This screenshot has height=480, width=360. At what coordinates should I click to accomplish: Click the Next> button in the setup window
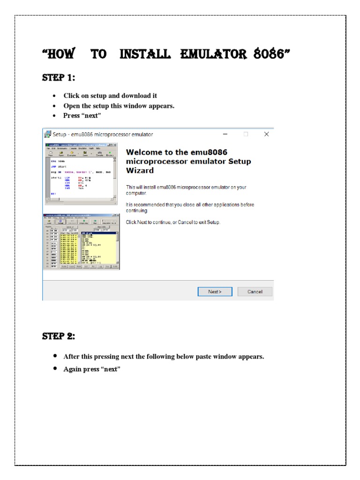point(215,292)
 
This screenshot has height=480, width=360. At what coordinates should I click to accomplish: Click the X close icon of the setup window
point(266,134)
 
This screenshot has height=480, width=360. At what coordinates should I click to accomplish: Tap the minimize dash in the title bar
point(225,134)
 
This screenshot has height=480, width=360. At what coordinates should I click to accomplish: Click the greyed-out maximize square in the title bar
point(246,134)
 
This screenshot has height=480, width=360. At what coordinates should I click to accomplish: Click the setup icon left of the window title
point(47,134)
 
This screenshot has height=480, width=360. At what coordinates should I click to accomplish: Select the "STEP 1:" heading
point(59,78)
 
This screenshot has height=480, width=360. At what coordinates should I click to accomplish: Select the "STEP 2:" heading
point(59,337)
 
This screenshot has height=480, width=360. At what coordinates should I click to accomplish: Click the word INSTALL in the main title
point(145,54)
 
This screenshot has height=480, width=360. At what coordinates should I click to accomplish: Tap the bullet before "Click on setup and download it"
point(55,96)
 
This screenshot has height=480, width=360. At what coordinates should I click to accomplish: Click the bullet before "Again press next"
point(55,369)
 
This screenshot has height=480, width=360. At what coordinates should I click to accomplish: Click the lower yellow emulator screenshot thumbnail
point(81,242)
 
